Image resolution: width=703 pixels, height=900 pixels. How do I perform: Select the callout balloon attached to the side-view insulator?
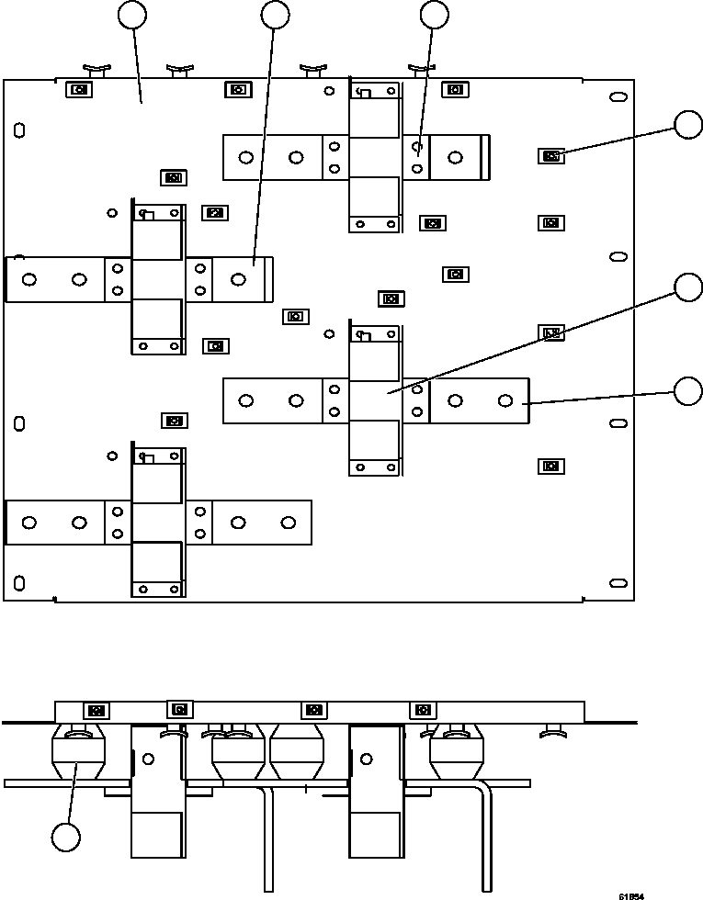pos(65,837)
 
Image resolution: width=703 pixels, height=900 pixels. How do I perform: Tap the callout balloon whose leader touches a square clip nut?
pos(688,125)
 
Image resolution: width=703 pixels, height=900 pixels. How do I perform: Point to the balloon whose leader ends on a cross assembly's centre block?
pos(688,287)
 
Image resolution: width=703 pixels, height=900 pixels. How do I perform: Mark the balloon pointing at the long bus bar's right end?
pos(688,390)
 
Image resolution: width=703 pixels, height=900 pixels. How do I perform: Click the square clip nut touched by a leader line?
pos(550,156)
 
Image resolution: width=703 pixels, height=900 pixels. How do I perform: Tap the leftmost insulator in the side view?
pos(78,751)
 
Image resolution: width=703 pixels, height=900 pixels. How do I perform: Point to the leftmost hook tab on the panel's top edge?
pos(97,70)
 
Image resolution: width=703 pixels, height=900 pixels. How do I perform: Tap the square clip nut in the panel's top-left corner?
pos(79,90)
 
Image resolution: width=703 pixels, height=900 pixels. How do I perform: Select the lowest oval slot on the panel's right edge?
pos(618,583)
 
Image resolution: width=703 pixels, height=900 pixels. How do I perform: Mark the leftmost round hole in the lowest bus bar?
pos(29,523)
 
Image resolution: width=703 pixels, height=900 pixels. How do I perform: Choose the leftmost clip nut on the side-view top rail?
pos(96,710)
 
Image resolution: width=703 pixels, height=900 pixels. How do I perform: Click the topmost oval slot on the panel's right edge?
pos(618,96)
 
